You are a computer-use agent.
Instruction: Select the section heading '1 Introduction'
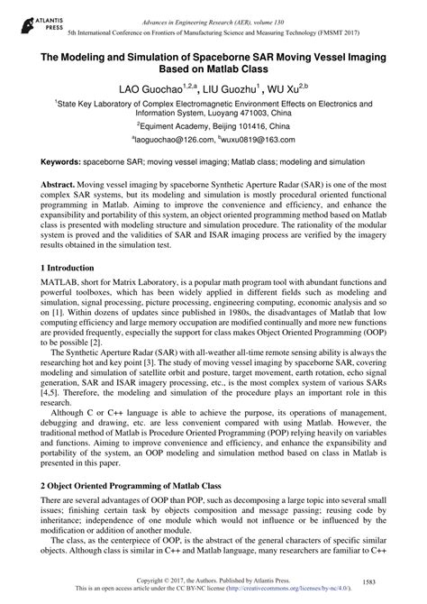69,269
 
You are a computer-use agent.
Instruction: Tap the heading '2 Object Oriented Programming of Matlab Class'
133,485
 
